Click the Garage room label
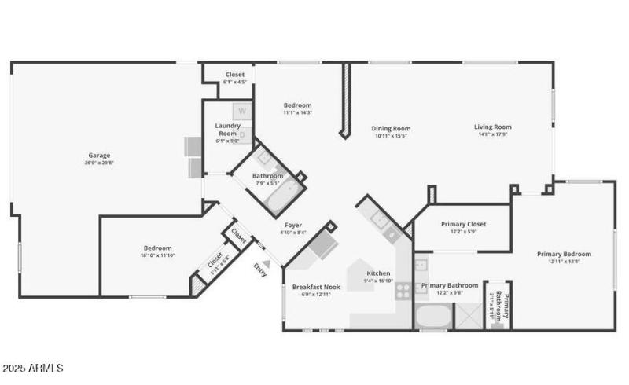(x=98, y=156)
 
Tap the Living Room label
(x=493, y=127)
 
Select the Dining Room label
(x=391, y=129)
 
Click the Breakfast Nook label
(x=315, y=287)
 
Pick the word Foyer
(x=292, y=225)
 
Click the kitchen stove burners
(x=402, y=290)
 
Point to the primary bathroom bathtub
(x=432, y=317)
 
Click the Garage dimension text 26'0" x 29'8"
(x=100, y=163)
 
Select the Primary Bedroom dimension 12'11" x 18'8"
(x=564, y=262)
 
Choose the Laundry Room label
(x=227, y=129)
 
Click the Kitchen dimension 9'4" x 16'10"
(x=378, y=280)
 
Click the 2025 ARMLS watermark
(x=33, y=368)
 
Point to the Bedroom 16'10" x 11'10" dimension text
(x=156, y=255)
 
